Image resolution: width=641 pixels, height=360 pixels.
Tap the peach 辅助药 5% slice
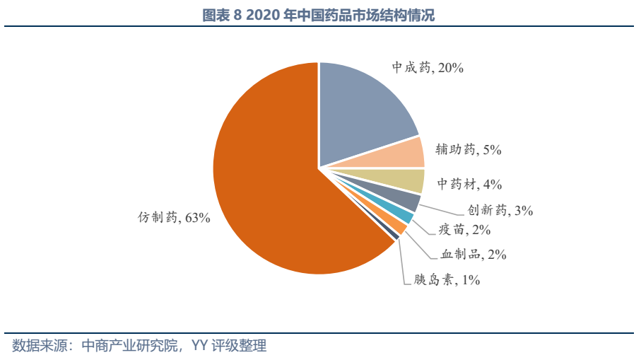pyautogui.click(x=396, y=153)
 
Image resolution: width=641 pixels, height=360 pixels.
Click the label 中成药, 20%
pyautogui.click(x=428, y=68)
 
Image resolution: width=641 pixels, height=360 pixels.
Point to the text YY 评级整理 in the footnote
pyautogui.click(x=229, y=346)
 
